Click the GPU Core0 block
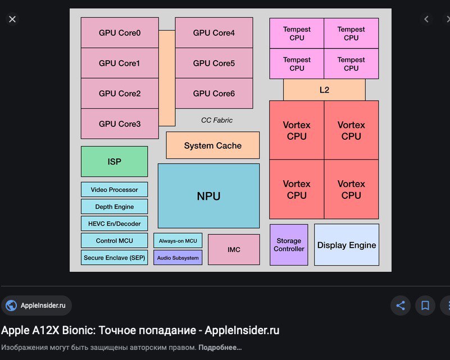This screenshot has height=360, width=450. tap(120, 33)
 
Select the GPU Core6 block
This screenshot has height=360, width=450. tap(214, 94)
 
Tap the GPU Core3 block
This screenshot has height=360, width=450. tap(120, 124)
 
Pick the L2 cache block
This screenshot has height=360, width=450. tap(324, 90)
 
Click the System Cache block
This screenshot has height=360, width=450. tap(213, 145)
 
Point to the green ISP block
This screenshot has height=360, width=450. tap(114, 162)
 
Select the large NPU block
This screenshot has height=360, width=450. tap(208, 196)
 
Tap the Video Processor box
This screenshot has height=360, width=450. tap(114, 190)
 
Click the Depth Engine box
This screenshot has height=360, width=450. tap(114, 207)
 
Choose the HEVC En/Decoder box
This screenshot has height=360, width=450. tap(114, 224)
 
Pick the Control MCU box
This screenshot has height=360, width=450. tap(114, 241)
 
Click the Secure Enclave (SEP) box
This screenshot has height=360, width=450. tap(114, 258)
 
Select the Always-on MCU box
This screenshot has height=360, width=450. tap(178, 241)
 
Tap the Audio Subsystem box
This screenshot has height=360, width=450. tap(178, 258)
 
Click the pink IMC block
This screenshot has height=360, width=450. tap(234, 249)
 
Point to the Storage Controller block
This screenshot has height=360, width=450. tap(289, 245)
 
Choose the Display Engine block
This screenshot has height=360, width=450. tap(347, 245)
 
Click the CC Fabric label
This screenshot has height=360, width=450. tap(217, 120)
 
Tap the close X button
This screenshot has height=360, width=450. tap(12, 19)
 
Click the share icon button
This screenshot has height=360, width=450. tap(401, 306)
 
